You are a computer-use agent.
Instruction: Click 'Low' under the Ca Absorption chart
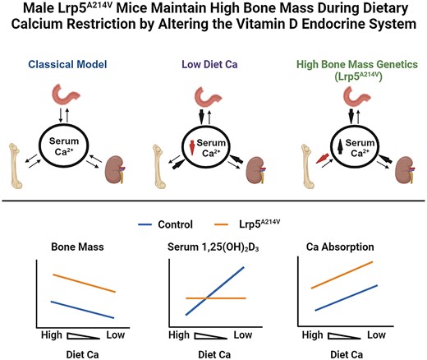[x=375, y=335]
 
